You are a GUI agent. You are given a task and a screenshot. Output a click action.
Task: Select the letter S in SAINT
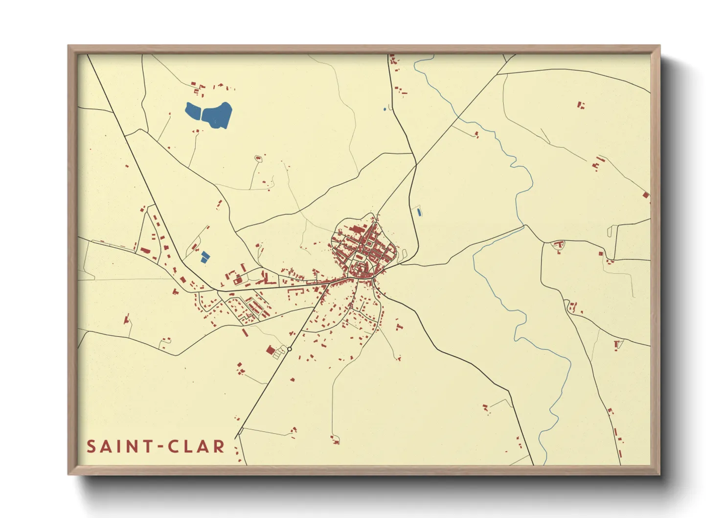(91, 447)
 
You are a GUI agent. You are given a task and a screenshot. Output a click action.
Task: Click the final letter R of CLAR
(219, 447)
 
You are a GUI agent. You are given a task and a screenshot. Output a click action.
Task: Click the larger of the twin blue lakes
(217, 116)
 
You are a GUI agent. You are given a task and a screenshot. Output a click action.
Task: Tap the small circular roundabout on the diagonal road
(290, 349)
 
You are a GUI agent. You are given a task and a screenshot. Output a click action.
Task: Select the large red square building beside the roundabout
(270, 350)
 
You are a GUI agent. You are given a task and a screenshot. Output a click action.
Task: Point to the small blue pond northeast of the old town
(419, 212)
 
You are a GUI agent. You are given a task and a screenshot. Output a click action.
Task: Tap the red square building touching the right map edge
(646, 195)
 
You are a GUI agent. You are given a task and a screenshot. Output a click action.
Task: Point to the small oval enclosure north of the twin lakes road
(258, 158)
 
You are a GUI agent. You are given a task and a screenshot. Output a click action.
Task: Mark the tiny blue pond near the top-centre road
(385, 109)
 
